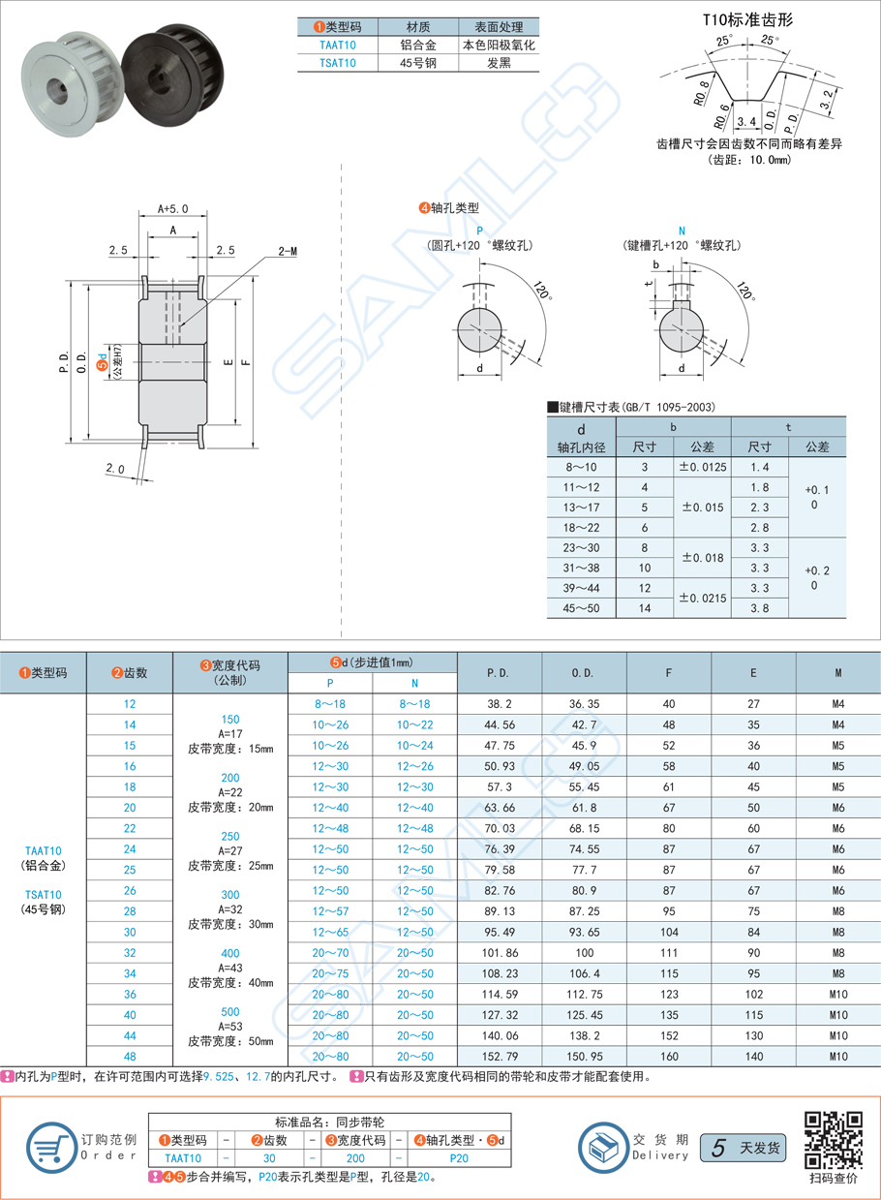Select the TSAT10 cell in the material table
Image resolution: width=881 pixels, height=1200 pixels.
337,63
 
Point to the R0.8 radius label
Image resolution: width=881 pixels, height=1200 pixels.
702,93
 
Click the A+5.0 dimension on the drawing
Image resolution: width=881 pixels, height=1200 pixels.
172,208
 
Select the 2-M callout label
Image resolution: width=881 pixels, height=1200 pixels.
288,251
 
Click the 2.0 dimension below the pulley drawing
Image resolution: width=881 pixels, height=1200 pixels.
115,468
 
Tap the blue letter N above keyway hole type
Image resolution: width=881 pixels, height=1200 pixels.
682,231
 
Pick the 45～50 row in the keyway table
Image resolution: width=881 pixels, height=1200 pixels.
581,608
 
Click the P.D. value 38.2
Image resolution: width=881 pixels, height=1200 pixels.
500,704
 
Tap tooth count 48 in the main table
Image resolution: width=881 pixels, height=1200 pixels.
130,1056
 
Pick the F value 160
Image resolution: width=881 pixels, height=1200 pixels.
669,1056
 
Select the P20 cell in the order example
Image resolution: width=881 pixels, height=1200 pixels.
459,1157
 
